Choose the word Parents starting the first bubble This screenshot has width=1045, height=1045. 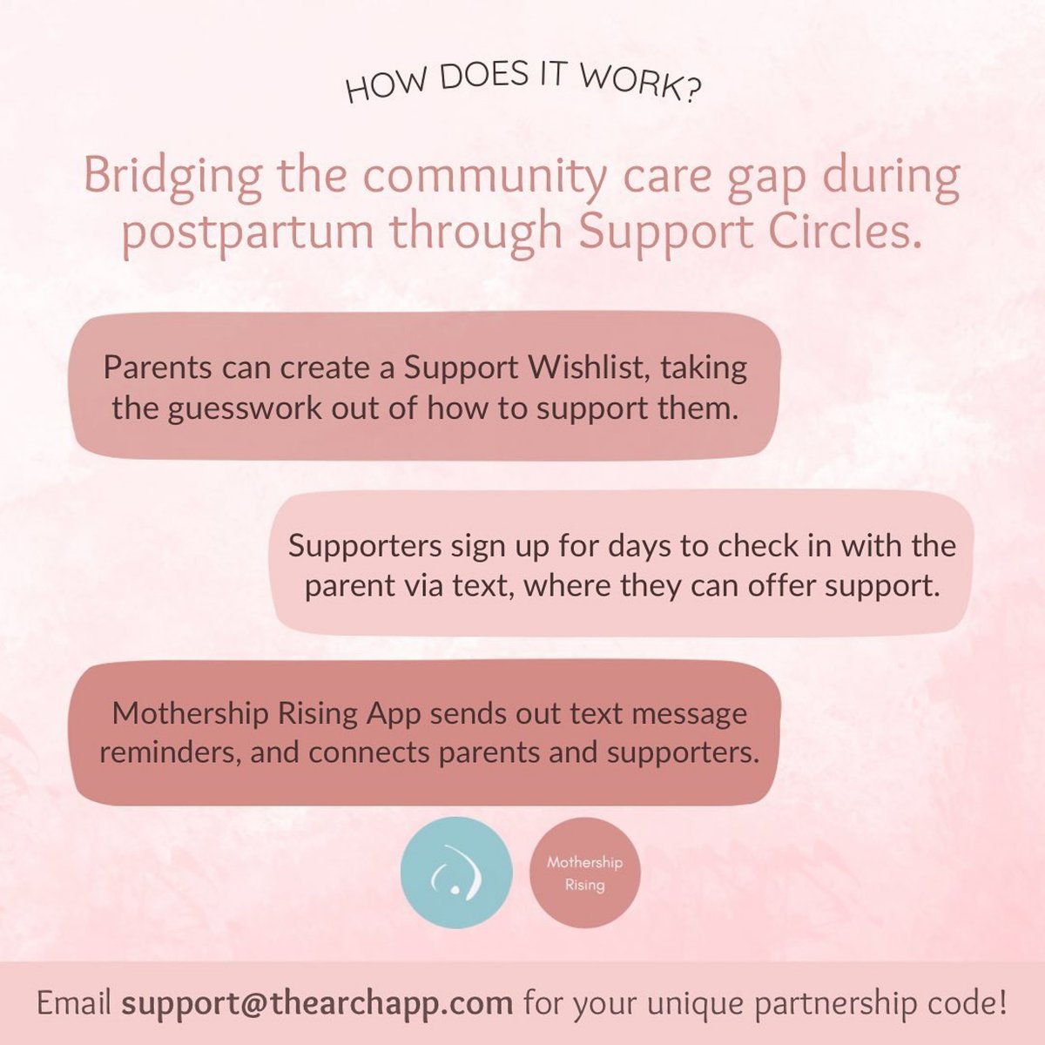coord(157,367)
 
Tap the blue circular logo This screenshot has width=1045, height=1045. coord(455,873)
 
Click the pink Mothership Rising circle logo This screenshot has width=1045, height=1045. coord(584,873)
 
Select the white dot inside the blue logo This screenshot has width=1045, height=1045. coord(452,891)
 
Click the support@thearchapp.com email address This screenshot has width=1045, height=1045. coord(317,1003)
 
